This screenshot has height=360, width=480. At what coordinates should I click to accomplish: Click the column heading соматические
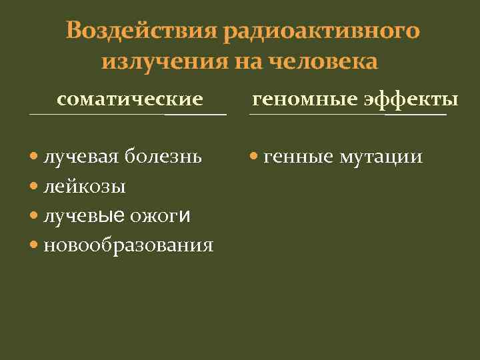click(x=130, y=100)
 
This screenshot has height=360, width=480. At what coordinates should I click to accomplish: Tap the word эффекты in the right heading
click(x=411, y=100)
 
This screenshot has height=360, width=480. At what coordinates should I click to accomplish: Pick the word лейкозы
click(x=85, y=187)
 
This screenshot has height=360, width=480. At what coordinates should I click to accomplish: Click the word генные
click(x=299, y=158)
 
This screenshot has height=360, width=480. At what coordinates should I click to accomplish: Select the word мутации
click(x=381, y=158)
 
